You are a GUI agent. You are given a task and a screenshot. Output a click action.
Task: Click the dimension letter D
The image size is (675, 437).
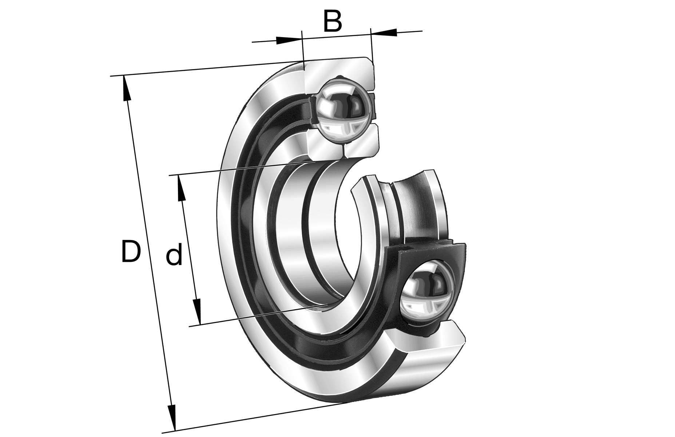[131, 251]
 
